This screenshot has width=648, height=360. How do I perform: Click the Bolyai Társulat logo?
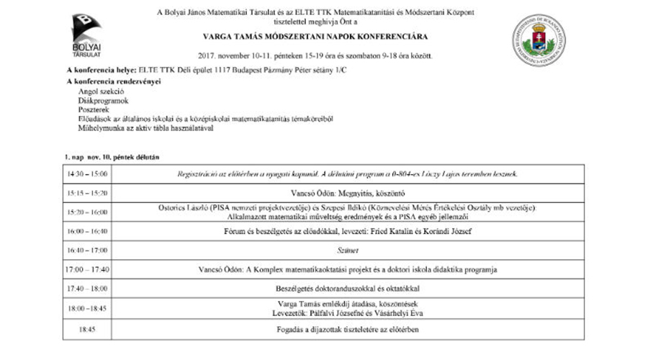click(x=86, y=34)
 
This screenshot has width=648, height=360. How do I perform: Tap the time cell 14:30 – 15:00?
click(x=86, y=174)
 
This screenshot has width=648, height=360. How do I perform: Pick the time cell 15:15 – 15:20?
click(x=86, y=193)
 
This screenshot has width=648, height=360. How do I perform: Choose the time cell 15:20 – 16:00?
click(x=86, y=212)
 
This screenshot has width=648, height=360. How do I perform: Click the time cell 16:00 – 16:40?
click(x=86, y=231)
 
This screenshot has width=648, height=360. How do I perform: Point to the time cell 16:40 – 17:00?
click(x=86, y=250)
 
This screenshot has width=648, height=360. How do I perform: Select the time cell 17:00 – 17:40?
click(x=86, y=269)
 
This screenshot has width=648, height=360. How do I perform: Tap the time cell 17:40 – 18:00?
click(x=86, y=288)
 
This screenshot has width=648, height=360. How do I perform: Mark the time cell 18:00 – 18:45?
click(x=86, y=307)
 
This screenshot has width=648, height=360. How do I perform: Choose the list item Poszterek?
click(x=97, y=110)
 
